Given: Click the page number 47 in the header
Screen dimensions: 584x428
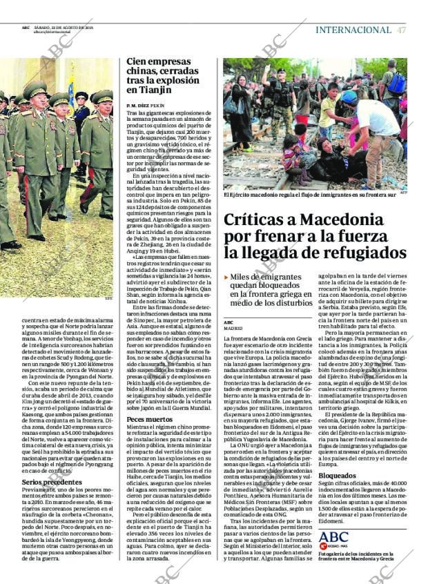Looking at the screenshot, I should pos(401,30).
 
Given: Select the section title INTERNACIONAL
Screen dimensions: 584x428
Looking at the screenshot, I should pos(353,30).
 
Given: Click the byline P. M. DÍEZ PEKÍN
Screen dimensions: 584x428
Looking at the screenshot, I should pos(146,104).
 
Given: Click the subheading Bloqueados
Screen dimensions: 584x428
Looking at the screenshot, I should pos(338,476).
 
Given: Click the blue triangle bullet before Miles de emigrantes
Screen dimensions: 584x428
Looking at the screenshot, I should pos(226,277).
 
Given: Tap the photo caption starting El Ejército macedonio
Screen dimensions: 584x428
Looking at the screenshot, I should pos(310,195).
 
